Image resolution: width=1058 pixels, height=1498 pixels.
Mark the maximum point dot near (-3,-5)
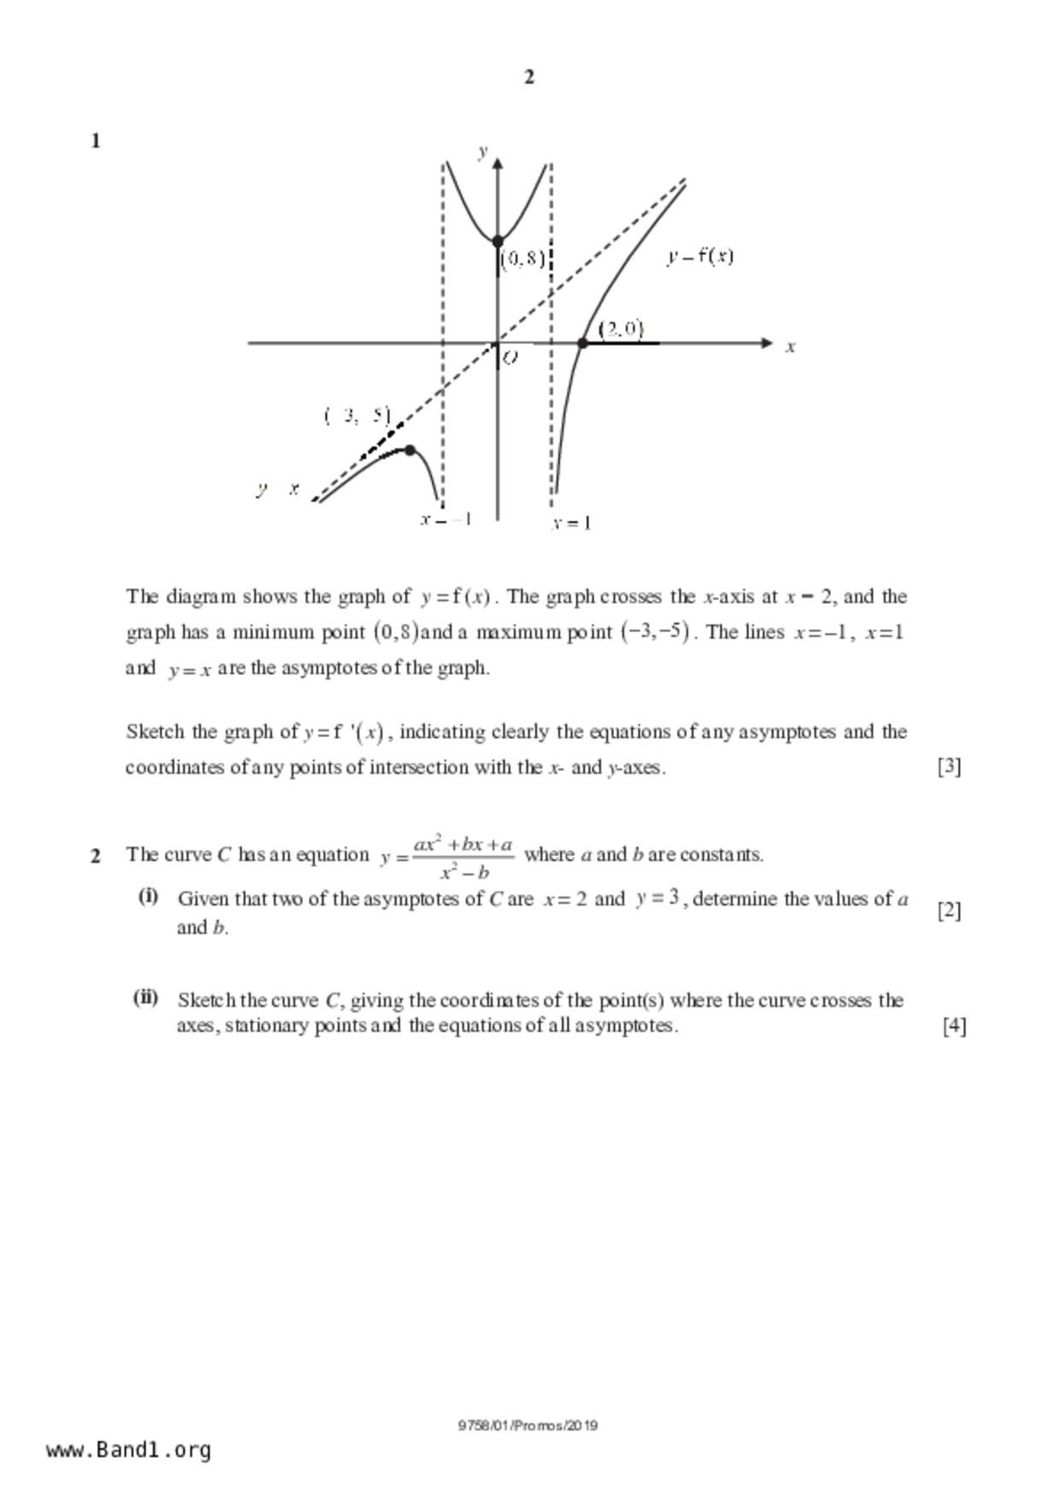coord(410,450)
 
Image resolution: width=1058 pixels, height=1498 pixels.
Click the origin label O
coord(510,358)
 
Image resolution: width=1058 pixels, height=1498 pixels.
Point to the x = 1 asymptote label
coord(570,523)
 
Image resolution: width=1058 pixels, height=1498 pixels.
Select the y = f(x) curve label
coord(700,256)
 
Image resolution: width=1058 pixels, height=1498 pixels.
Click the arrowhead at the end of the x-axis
coord(766,343)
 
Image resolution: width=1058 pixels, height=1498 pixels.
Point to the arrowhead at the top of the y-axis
coord(498,164)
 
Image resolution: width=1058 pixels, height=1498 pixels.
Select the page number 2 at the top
coord(529,78)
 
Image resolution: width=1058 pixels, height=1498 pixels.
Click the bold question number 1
coord(96,142)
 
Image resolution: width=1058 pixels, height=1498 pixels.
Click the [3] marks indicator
coord(949,767)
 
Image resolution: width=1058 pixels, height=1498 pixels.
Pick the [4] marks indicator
coord(954,1025)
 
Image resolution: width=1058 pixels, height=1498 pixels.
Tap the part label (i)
coord(148,897)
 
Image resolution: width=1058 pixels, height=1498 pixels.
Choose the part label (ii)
coord(145,998)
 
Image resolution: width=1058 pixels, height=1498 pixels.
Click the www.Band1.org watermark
coord(129,1450)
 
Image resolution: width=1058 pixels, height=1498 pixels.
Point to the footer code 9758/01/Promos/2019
coord(528,1425)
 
